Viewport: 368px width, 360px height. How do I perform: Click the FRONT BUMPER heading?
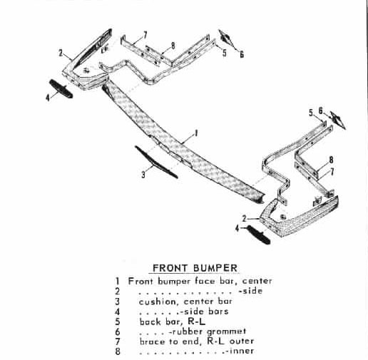195,268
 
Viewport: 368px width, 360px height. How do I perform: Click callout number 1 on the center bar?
196,133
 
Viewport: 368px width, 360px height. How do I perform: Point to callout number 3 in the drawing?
143,175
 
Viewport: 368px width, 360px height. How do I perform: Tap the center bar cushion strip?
156,162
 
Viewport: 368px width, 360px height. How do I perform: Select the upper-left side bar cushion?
61,89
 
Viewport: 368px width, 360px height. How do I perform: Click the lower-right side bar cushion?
259,235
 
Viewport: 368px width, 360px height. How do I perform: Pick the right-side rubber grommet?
338,120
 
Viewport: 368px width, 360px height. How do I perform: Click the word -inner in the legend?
240,351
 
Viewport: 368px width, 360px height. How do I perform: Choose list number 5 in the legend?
118,322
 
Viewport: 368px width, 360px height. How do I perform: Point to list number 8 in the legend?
118,351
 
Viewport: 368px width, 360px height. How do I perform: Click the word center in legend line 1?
257,281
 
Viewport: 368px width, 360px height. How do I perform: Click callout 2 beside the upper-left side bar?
61,53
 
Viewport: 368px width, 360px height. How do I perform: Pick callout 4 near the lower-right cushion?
237,229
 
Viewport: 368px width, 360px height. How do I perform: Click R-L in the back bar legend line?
196,322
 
